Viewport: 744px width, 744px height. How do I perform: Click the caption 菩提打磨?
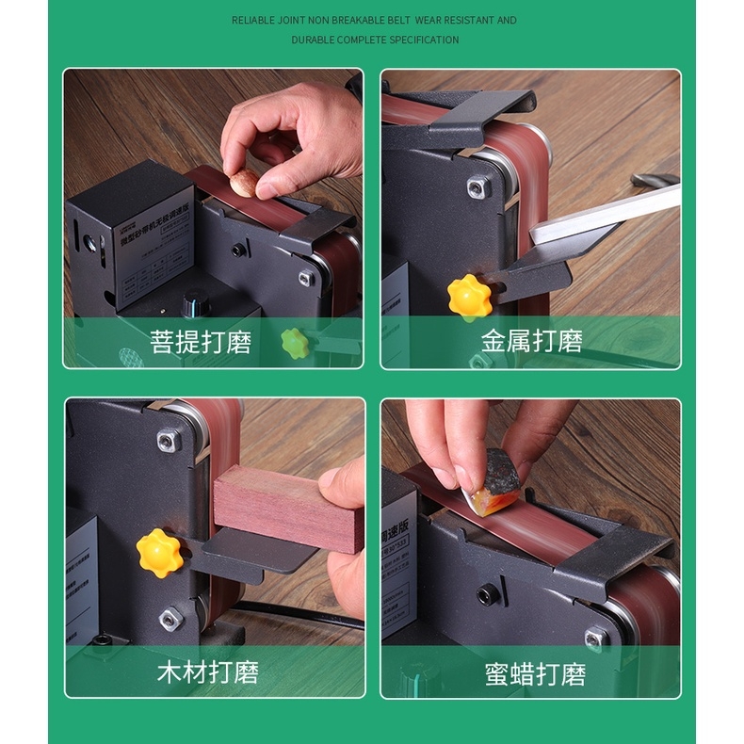point(201,341)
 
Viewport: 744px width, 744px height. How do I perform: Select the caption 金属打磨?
point(532,341)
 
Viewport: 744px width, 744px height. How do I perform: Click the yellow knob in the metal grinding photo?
point(468,297)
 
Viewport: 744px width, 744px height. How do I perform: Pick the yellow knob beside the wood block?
point(159,552)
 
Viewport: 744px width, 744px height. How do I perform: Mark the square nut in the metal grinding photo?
point(479,187)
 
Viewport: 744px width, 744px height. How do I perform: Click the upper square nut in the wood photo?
point(170,439)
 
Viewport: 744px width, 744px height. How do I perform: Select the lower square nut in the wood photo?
point(170,619)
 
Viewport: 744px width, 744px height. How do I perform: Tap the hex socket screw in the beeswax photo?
point(486,594)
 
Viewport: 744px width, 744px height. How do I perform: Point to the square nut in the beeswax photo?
point(596,638)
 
